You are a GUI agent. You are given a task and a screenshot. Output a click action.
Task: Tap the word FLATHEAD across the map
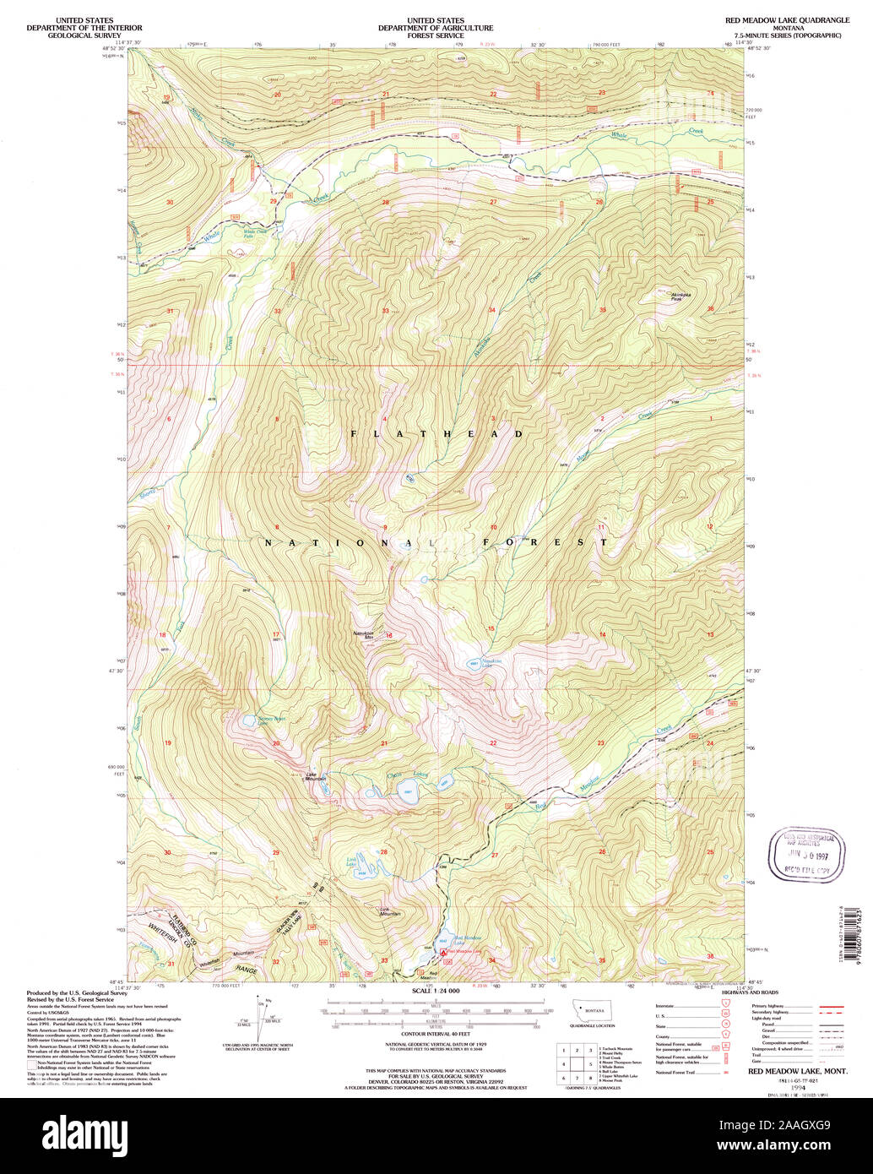pos(437,433)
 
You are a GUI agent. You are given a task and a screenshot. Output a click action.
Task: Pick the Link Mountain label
pos(389,911)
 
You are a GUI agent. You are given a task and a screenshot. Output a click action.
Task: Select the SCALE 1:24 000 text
pos(435,991)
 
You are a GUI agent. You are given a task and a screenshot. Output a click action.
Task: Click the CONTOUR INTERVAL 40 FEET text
pos(436,1032)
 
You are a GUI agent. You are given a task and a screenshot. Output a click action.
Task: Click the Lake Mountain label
pos(316,777)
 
